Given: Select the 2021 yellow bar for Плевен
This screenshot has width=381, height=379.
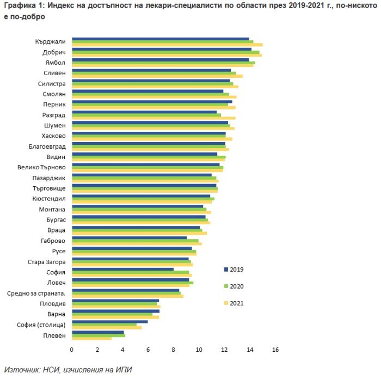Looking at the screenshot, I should [x=91, y=338].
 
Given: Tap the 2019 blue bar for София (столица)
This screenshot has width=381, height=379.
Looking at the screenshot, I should [x=109, y=322].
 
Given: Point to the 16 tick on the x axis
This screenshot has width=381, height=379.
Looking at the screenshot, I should [x=275, y=350].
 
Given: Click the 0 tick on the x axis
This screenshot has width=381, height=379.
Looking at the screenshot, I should [x=72, y=350].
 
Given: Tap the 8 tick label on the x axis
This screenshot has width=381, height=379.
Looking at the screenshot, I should [x=174, y=350].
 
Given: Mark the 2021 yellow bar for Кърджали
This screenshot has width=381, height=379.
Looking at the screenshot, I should [x=167, y=45].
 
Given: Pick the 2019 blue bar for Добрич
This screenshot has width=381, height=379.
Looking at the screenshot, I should [x=162, y=50].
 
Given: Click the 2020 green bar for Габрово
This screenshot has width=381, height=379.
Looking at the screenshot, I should [x=135, y=241].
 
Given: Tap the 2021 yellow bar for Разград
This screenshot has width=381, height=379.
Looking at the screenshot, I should [x=153, y=118].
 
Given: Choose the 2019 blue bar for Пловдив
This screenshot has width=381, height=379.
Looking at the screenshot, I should [x=115, y=301].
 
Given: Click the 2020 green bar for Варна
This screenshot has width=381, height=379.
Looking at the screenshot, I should [x=112, y=314].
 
